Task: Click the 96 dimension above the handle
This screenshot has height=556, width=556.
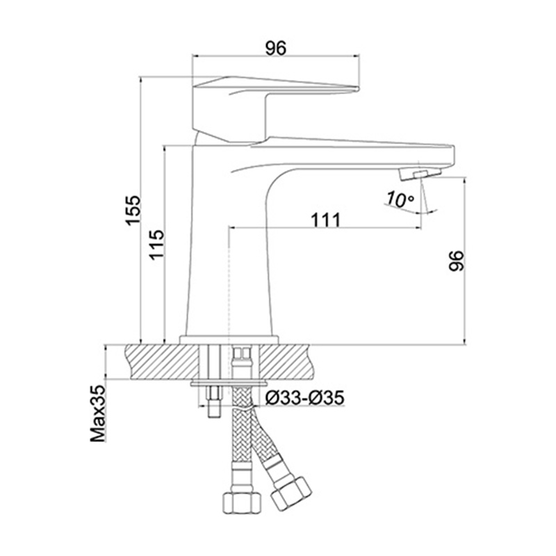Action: (x=275, y=48)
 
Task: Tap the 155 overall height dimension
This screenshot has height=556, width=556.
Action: (x=133, y=210)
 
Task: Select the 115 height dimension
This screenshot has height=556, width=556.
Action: (x=156, y=245)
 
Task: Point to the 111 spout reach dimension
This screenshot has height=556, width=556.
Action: (x=325, y=220)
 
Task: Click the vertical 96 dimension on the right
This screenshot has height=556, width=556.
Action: (x=456, y=261)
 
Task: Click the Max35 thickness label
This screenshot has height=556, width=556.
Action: (x=98, y=414)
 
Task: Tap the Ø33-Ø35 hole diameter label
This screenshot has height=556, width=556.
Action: (x=305, y=398)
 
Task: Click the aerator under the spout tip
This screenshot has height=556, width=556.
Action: (x=420, y=174)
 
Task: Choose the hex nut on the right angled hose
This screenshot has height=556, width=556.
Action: (x=291, y=494)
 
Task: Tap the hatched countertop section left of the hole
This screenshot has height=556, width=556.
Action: (x=162, y=361)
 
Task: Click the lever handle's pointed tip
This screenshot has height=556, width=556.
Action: (x=358, y=88)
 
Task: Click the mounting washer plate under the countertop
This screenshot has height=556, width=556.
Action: (x=229, y=384)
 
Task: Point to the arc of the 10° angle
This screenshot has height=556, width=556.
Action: (x=411, y=211)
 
